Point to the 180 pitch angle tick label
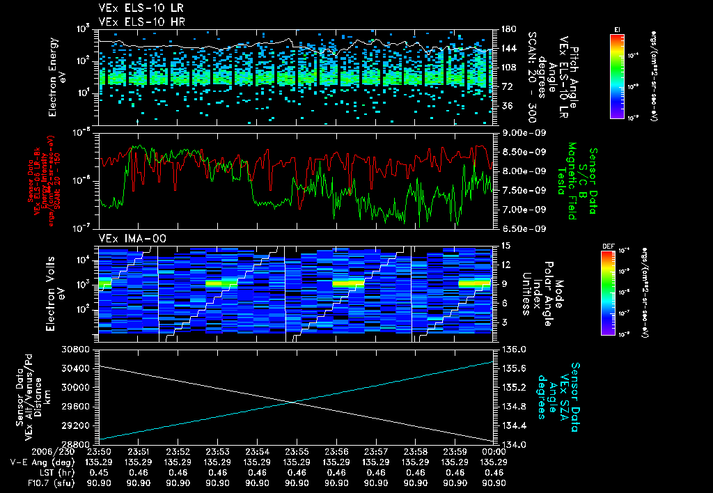click(x=508, y=29)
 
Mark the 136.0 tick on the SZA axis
click(x=510, y=349)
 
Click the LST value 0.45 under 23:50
click(x=100, y=472)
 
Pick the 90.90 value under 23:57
click(x=376, y=483)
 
